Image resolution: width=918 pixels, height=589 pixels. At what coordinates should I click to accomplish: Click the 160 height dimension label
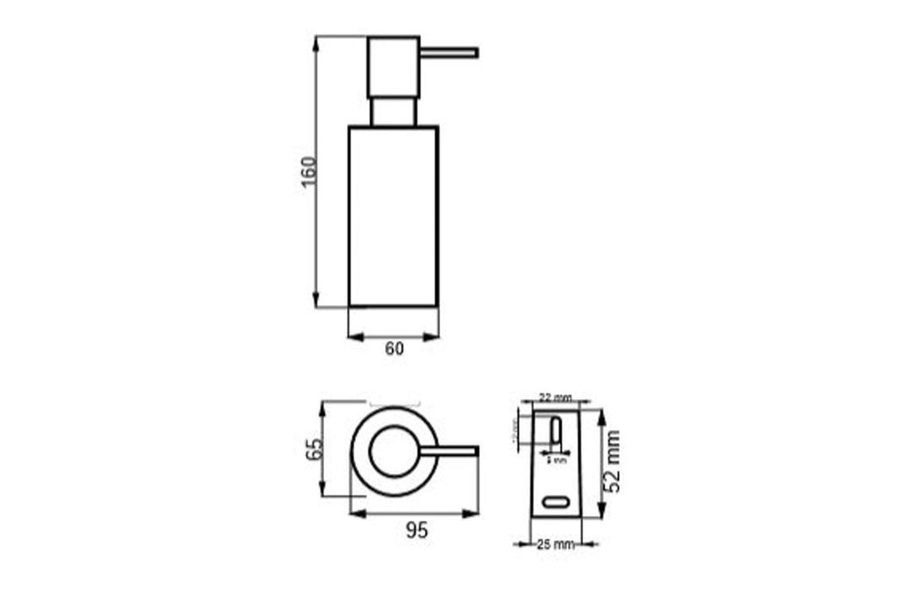pos(309,172)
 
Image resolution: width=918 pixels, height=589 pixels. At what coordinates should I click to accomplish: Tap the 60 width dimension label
pos(394,349)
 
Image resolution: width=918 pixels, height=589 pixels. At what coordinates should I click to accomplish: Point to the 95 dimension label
pos(416,530)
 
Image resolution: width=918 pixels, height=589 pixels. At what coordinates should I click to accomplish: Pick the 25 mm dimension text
pos(555,544)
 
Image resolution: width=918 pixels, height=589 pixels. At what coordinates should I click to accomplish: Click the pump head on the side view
pos(393,66)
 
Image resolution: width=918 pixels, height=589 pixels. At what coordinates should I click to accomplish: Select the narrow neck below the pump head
pos(393,112)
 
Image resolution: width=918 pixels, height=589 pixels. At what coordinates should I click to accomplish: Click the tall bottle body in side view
pos(393,216)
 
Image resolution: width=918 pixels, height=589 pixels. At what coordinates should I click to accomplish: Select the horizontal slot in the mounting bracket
pos(555,502)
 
